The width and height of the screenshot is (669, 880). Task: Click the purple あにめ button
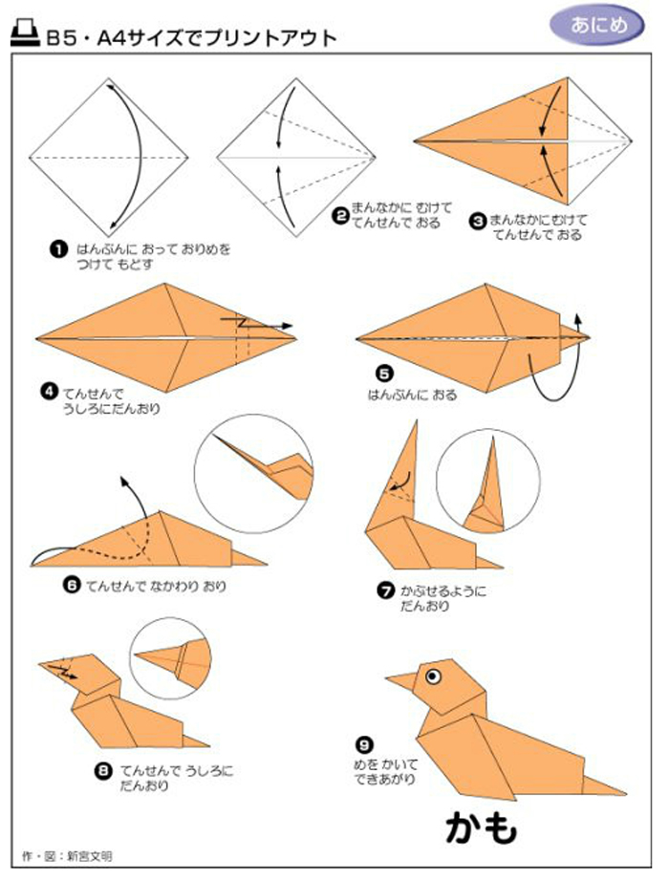pos(596,25)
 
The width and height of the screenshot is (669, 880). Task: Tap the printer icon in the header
pos(25,33)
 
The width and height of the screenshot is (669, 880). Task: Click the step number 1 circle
pos(58,249)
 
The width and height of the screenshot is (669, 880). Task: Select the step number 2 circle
pos(339,216)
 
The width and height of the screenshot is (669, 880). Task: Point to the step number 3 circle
pos(478,221)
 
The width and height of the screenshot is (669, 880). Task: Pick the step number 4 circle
pos(50,391)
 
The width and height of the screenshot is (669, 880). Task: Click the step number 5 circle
pos(384,374)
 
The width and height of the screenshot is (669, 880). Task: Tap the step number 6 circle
pos(72,586)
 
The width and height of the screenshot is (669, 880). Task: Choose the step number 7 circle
pos(385,591)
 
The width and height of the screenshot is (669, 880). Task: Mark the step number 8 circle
pos(102,771)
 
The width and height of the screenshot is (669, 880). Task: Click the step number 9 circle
pos(364,744)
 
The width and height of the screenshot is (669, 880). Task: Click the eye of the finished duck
pos(432,676)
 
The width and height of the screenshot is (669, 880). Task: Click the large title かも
pos(482,827)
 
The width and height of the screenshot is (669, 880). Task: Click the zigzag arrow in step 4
pos(256,323)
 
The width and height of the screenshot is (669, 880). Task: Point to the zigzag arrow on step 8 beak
pos(63,671)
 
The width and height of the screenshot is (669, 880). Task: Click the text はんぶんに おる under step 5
pos(413,396)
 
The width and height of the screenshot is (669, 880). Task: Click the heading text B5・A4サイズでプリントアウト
pos(191,38)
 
